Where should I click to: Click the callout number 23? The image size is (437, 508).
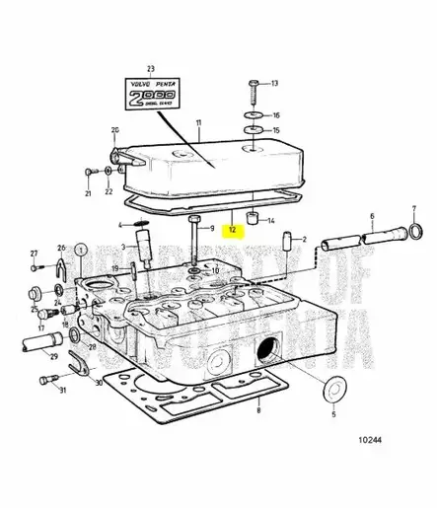[x=151, y=68]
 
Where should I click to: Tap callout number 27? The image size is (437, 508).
[x=33, y=254]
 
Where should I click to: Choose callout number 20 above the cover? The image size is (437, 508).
[x=114, y=130]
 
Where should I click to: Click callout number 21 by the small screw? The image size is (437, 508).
[x=87, y=193]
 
